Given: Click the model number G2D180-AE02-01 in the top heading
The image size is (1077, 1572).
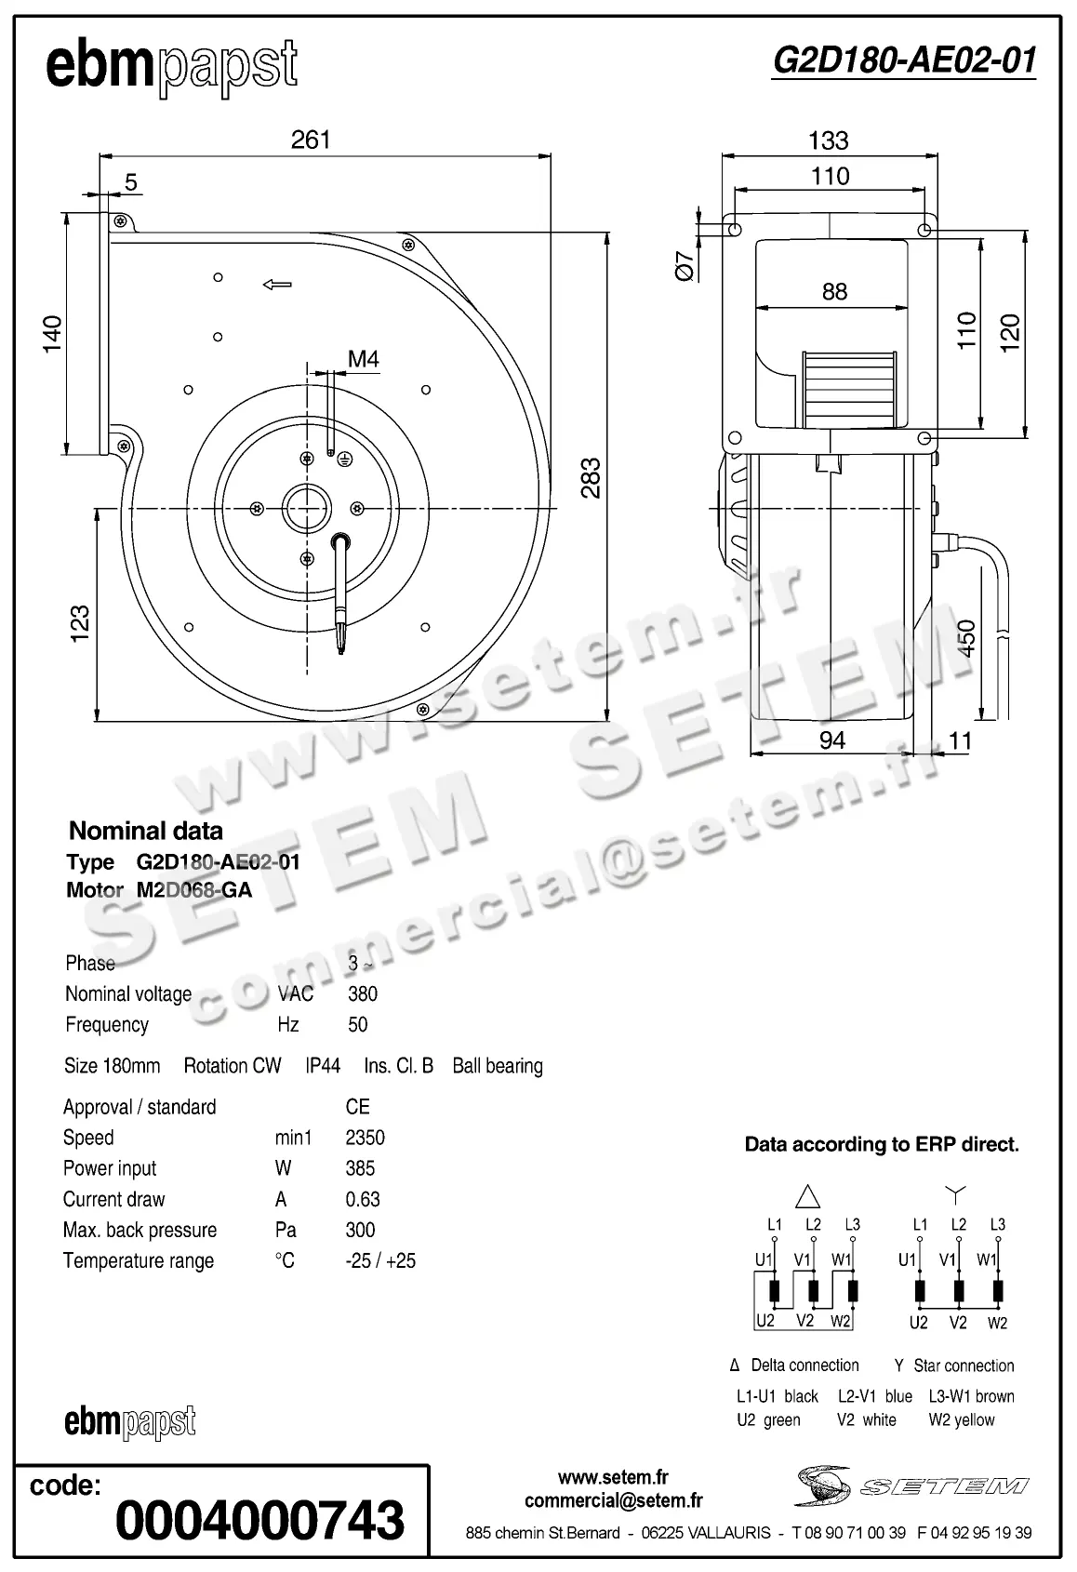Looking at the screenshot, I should (x=904, y=60).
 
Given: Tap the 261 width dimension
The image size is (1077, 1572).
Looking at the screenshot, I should (x=311, y=140).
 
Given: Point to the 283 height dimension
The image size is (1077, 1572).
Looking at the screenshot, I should (x=591, y=478).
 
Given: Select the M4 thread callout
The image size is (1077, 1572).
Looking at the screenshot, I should (x=363, y=359).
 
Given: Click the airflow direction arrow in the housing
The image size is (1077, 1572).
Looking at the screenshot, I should (x=277, y=284).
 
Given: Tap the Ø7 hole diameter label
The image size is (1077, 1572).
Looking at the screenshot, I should (x=685, y=266).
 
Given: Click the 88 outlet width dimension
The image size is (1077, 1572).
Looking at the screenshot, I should (x=834, y=292).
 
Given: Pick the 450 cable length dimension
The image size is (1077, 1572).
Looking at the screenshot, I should (x=966, y=639).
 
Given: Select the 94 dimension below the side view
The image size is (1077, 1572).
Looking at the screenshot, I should (x=831, y=739).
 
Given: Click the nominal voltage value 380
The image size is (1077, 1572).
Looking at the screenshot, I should (x=363, y=993).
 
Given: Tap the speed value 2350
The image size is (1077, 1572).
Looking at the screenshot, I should (x=365, y=1138).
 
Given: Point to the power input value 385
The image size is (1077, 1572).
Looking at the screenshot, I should (x=360, y=1168).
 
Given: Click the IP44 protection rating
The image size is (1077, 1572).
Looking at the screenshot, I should (x=323, y=1066).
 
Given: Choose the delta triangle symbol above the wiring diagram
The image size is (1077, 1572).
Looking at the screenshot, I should (x=808, y=1194).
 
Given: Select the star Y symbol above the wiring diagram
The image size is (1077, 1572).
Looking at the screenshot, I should (x=956, y=1192).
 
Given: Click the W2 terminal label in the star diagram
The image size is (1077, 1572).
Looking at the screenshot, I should (x=997, y=1323).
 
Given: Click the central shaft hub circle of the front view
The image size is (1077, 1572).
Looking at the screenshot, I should (x=306, y=508).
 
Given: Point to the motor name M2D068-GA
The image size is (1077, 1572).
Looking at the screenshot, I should (x=194, y=890).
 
